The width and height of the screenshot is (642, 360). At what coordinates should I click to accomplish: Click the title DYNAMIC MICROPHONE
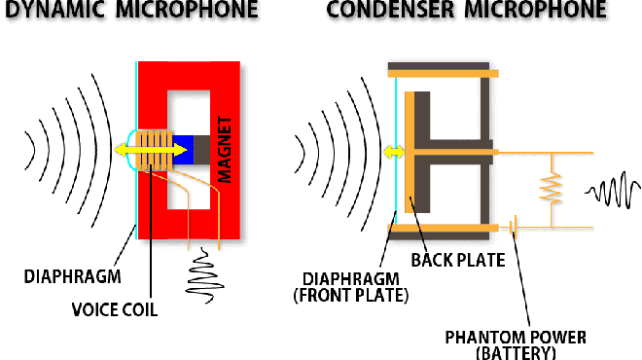tap(129, 12)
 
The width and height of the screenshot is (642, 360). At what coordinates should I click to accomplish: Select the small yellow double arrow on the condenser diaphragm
tap(394, 152)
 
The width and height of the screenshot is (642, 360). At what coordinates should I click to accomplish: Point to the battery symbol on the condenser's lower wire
tap(512, 228)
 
